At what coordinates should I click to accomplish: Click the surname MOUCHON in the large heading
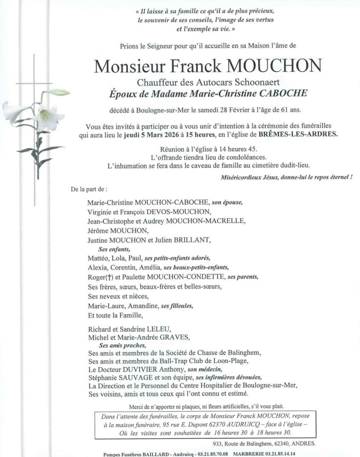[x=274, y=66]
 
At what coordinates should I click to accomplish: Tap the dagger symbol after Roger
[x=105, y=277]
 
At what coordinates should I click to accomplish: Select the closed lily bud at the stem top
[x=58, y=92]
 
